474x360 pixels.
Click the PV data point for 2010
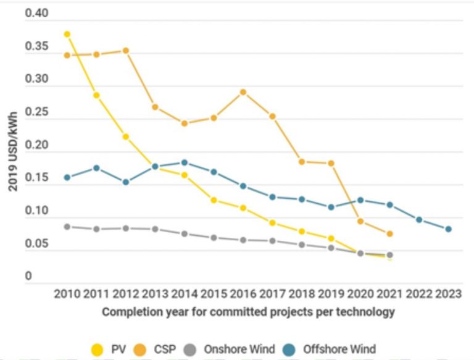point(67,35)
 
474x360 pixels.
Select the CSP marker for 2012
point(125,51)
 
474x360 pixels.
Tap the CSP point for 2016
point(243,92)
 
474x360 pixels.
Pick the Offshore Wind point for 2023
point(449,229)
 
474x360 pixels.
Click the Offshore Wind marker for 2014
point(185,162)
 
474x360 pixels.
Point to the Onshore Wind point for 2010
point(67,227)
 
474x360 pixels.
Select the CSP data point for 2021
point(390,234)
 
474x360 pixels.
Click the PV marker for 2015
point(214,200)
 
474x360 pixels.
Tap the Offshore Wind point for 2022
point(419,220)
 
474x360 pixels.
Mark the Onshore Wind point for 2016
point(243,240)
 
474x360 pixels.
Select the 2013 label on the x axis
point(155,294)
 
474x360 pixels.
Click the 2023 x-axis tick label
point(449,294)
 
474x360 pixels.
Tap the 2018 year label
point(302,294)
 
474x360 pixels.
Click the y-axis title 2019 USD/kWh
point(12,152)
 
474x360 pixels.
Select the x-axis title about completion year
point(248,312)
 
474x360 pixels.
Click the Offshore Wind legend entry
point(331,350)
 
